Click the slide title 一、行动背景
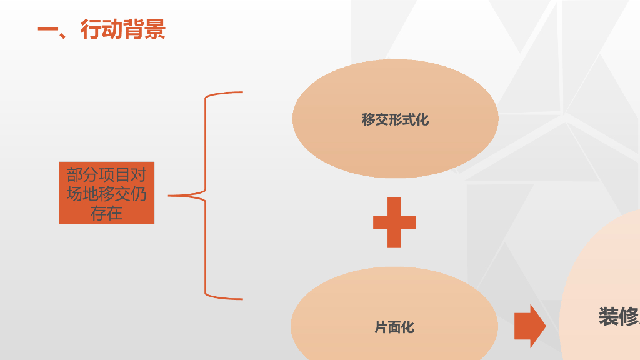point(101,29)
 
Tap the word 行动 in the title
point(101,29)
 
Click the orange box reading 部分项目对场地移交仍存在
point(106,194)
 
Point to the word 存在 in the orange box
point(106,213)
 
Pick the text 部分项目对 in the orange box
point(106,174)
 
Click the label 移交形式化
point(395,119)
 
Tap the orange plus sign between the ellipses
point(394,222)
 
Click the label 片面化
point(394,327)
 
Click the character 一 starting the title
point(47,29)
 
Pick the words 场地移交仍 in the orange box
point(106,194)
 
